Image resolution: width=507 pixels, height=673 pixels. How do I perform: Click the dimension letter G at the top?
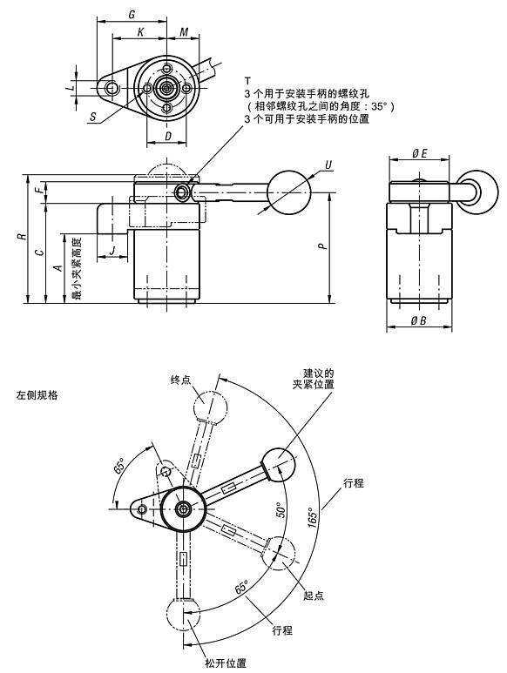pyautogui.click(x=131, y=15)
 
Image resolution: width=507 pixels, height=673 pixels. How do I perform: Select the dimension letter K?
pyautogui.click(x=139, y=32)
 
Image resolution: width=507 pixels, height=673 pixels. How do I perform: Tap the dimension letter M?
pyautogui.click(x=184, y=32)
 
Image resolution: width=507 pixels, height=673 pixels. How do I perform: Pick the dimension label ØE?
pyautogui.click(x=419, y=154)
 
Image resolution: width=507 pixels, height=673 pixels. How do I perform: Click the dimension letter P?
pyautogui.click(x=322, y=247)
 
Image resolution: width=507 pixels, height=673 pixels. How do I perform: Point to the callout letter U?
pyautogui.click(x=328, y=165)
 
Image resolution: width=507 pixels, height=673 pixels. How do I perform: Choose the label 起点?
pyautogui.click(x=314, y=595)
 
